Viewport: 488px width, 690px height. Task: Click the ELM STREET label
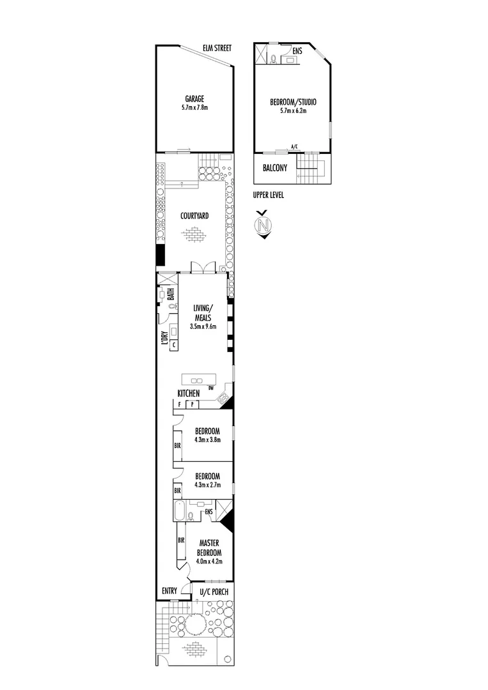tap(217, 48)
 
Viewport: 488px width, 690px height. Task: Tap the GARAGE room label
tap(194, 99)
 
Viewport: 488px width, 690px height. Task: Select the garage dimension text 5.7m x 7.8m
tap(194, 108)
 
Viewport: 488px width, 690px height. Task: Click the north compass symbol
tap(261, 224)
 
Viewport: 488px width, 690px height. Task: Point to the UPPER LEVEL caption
tap(268, 195)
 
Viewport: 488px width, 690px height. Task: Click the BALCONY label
tap(274, 169)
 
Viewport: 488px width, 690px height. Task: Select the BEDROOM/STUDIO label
tap(293, 102)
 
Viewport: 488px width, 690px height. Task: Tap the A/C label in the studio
tap(294, 147)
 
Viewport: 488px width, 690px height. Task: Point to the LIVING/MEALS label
tap(203, 313)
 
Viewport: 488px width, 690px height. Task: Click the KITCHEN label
tap(189, 393)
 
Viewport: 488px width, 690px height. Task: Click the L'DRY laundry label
tap(165, 339)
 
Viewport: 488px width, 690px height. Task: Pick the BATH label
tap(171, 294)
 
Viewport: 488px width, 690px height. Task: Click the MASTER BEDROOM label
tap(209, 548)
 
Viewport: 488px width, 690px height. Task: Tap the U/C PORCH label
tap(214, 592)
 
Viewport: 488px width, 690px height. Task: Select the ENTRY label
tap(169, 592)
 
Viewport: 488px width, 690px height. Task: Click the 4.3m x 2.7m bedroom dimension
tap(207, 485)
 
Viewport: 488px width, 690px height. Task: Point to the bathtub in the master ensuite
tap(178, 512)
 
